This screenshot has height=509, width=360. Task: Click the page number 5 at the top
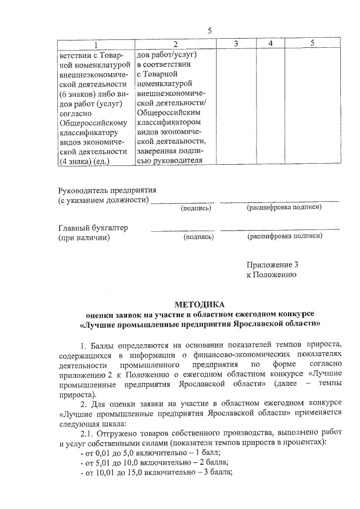210,30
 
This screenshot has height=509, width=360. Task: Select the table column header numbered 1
95,44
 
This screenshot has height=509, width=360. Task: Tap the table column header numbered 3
236,44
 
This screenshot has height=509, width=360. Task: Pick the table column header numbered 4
271,44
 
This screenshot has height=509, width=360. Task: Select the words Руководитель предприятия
107,190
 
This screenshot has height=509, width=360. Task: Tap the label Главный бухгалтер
93,227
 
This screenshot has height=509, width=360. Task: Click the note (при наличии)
84,237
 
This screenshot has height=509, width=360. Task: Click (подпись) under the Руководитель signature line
196,209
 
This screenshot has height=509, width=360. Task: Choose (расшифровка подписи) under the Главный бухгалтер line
285,237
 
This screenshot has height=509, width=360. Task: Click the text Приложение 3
272,265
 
